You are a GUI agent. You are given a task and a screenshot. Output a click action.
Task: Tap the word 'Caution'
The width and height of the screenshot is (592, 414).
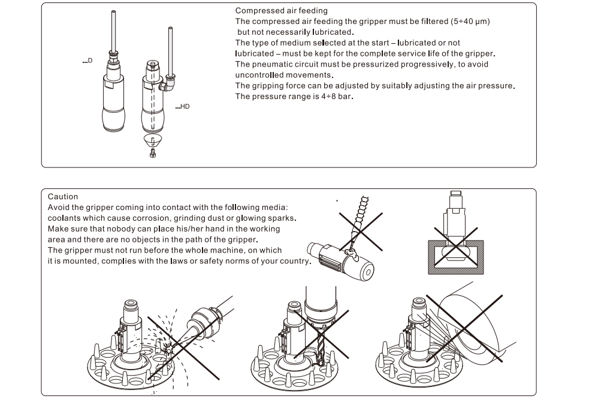[x=63, y=196]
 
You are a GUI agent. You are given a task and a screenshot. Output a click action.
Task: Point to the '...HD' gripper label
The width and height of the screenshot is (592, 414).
[x=182, y=107]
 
